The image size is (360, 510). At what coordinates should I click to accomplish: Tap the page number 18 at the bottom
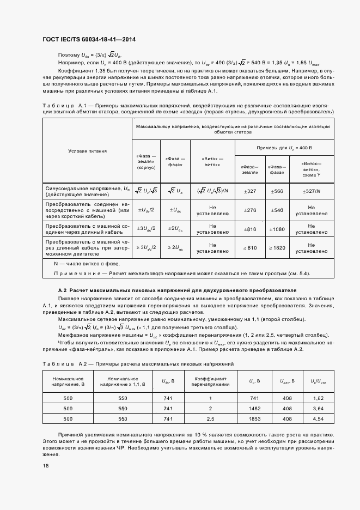pyautogui.click(x=45, y=466)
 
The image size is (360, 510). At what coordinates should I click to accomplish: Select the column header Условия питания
pyautogui.click(x=87, y=151)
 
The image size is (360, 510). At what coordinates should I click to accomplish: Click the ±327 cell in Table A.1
pyautogui.click(x=249, y=191)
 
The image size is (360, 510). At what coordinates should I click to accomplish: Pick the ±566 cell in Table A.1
pyautogui.click(x=277, y=191)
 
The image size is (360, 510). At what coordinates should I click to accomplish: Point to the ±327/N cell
pyautogui.click(x=311, y=191)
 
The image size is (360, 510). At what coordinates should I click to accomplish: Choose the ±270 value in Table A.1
pyautogui.click(x=249, y=210)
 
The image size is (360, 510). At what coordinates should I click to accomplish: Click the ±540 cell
pyautogui.click(x=277, y=210)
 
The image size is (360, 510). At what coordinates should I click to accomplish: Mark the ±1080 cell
pyautogui.click(x=277, y=229)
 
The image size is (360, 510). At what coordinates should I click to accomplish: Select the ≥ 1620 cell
pyautogui.click(x=277, y=248)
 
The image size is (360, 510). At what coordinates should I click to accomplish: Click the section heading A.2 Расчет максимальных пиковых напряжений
pyautogui.click(x=177, y=290)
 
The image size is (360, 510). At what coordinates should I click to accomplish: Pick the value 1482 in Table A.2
pyautogui.click(x=254, y=408)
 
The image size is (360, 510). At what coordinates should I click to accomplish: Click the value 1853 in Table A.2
pyautogui.click(x=254, y=418)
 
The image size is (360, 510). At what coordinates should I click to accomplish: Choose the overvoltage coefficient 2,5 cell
pyautogui.click(x=210, y=418)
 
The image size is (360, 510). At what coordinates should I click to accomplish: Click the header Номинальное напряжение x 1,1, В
pyautogui.click(x=122, y=381)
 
